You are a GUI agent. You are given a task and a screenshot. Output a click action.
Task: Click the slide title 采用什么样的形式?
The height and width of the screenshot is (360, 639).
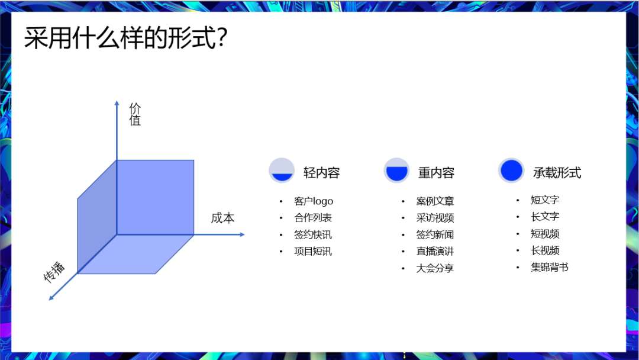[125, 38]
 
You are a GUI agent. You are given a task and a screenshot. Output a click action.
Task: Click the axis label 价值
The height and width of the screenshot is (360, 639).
[135, 114]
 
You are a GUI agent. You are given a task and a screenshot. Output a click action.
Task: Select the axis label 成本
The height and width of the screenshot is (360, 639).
[222, 218]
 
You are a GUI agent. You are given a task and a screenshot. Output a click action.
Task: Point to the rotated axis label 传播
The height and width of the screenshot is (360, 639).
[54, 272]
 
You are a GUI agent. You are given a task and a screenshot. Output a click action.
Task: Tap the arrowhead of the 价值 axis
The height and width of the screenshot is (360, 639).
[117, 103]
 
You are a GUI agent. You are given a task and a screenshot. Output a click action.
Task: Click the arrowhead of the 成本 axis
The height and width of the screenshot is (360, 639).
[242, 234]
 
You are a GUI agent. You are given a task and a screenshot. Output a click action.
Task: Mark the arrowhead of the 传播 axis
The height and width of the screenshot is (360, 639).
[51, 298]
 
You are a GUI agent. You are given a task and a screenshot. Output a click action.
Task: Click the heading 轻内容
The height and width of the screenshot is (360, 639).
[321, 173]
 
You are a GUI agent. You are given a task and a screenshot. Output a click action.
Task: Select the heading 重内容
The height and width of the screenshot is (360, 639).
[436, 173]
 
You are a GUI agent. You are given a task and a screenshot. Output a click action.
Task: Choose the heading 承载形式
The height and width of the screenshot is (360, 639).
[557, 173]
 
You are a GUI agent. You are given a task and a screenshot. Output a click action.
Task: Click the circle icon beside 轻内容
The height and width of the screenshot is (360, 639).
[282, 171]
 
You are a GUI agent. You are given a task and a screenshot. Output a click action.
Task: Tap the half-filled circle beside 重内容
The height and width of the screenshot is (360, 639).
[396, 171]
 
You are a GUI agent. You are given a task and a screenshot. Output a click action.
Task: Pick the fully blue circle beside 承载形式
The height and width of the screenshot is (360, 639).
[511, 171]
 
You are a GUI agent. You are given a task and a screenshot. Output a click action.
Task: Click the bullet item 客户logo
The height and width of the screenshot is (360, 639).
[314, 201]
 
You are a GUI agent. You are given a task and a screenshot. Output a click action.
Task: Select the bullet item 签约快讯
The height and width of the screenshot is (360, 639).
[313, 235]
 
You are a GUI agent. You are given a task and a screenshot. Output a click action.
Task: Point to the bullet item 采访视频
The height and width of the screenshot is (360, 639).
[435, 218]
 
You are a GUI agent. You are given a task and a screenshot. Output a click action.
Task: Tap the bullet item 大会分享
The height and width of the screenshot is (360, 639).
[435, 268]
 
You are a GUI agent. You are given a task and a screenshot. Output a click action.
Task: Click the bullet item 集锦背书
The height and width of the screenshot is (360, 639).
[549, 267]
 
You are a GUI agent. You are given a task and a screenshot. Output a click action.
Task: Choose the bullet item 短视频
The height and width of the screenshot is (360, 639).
[545, 234]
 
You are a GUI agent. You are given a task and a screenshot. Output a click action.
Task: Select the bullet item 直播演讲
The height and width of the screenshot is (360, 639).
[435, 252]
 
